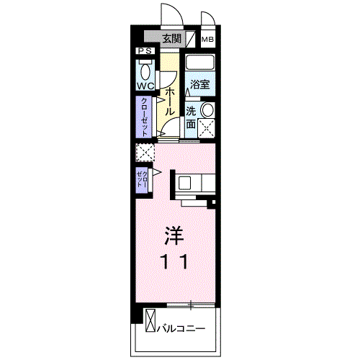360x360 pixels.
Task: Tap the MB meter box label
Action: (x=207, y=40)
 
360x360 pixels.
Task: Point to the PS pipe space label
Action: (x=145, y=51)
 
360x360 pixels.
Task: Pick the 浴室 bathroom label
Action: (x=199, y=85)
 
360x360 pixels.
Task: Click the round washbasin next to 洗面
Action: (x=207, y=110)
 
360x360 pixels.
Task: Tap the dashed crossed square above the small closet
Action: (x=145, y=153)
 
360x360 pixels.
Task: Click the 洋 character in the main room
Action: (x=173, y=235)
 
